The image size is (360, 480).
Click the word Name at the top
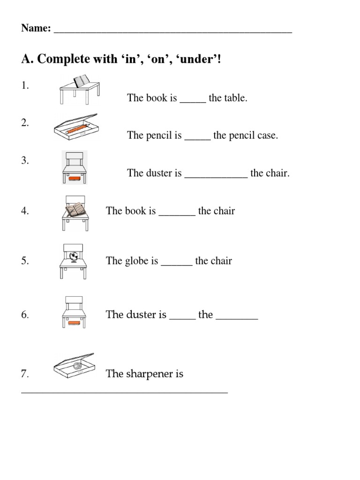35,29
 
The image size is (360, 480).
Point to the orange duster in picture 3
75,178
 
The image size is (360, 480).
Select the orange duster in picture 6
75,322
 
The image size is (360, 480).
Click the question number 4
25,211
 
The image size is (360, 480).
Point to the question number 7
25,374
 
